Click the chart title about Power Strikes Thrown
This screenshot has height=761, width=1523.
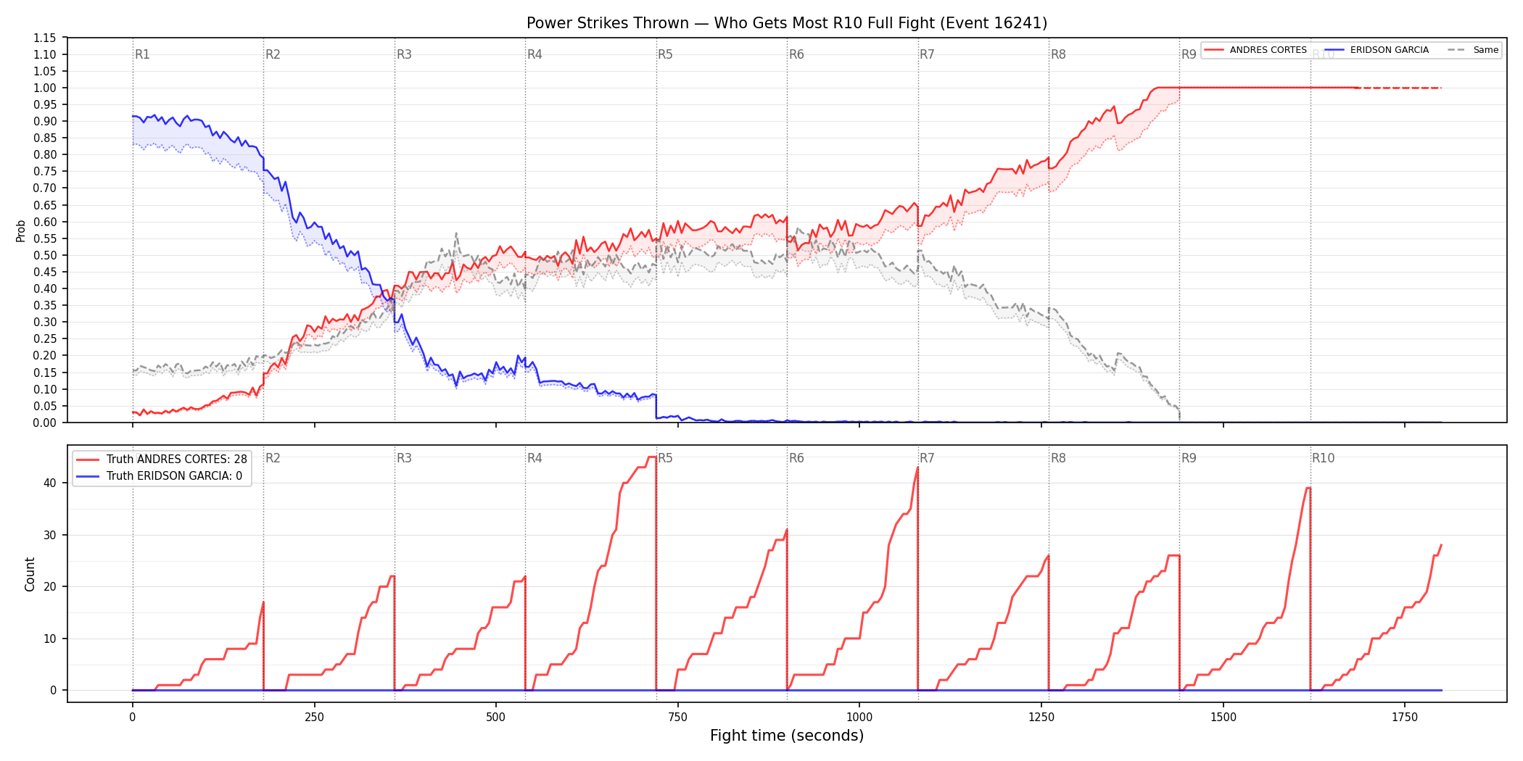(x=787, y=23)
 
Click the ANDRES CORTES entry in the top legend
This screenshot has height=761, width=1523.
(x=1268, y=50)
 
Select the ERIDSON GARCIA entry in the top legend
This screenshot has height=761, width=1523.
(x=1389, y=50)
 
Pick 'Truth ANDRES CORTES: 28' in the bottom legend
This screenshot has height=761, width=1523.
(x=176, y=459)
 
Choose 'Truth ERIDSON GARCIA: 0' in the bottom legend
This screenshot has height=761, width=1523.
(x=174, y=476)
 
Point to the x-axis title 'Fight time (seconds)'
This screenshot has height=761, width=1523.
(x=787, y=736)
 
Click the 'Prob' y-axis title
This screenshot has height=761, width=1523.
(x=21, y=230)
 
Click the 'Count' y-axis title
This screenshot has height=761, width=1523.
(x=30, y=574)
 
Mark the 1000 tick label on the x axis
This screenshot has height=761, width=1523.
(x=859, y=718)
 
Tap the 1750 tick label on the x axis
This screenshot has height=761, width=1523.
(x=1405, y=718)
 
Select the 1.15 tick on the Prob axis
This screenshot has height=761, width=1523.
(x=45, y=38)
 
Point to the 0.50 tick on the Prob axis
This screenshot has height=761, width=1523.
(x=45, y=255)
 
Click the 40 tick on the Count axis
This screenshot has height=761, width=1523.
(x=50, y=483)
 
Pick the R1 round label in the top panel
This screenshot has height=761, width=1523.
(x=142, y=54)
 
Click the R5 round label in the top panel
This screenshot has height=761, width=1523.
(x=665, y=54)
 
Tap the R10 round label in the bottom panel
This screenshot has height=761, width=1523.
(x=1323, y=458)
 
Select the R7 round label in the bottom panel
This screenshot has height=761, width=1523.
(x=927, y=458)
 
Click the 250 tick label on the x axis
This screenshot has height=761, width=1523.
(x=314, y=718)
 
